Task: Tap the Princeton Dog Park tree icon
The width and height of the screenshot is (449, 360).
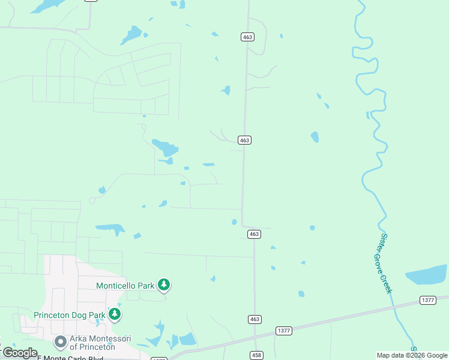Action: click(115, 313)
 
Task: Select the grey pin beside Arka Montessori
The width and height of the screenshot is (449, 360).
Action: click(60, 342)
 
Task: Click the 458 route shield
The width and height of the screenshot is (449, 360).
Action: click(256, 355)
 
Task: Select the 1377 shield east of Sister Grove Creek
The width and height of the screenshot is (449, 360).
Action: click(428, 300)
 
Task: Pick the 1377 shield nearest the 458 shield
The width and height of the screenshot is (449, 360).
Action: click(284, 331)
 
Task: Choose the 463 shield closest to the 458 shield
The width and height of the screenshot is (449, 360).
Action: click(255, 319)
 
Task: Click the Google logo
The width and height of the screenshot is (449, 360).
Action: click(20, 353)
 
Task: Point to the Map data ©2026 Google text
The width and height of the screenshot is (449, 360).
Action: click(412, 355)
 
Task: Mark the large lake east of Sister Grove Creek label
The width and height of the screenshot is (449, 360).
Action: click(427, 274)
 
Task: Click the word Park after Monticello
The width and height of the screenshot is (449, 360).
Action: click(145, 286)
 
